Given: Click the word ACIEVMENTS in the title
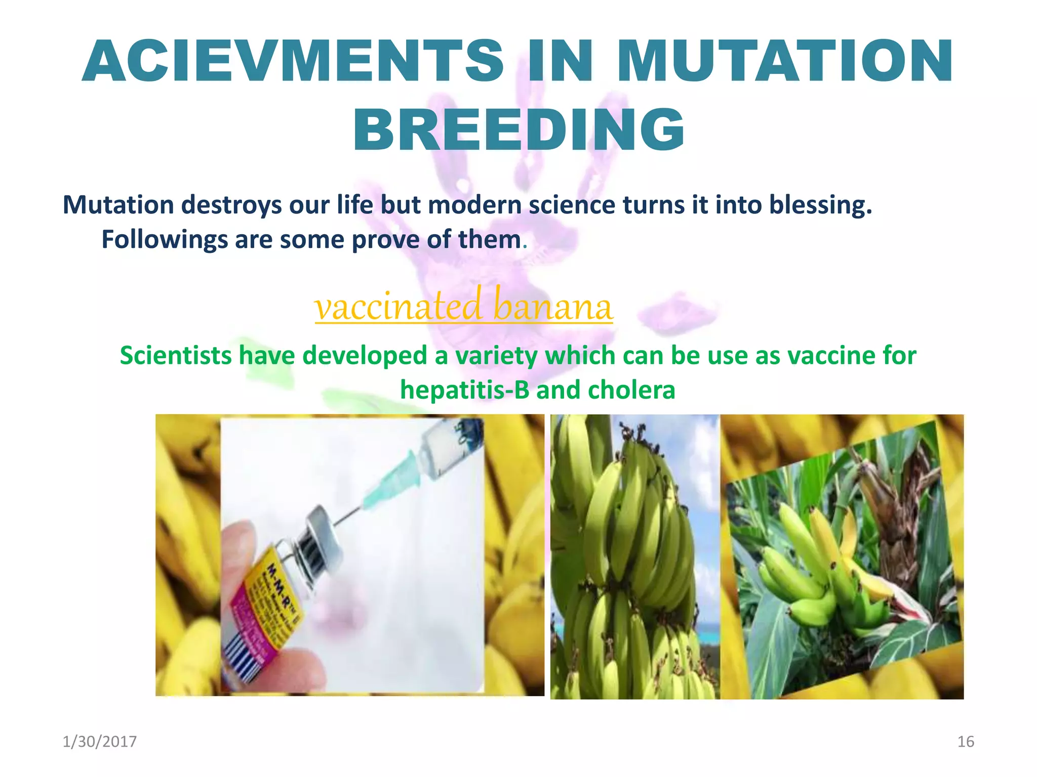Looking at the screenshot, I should tap(293, 62).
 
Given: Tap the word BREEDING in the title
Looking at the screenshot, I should tap(519, 131).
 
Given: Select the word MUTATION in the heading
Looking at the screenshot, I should tap(785, 62).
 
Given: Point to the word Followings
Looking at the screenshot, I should tap(165, 240).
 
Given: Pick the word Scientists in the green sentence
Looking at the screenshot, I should tap(175, 356).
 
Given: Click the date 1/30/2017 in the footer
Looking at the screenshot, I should tap(99, 742).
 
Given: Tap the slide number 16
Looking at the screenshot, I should tap(966, 742).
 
